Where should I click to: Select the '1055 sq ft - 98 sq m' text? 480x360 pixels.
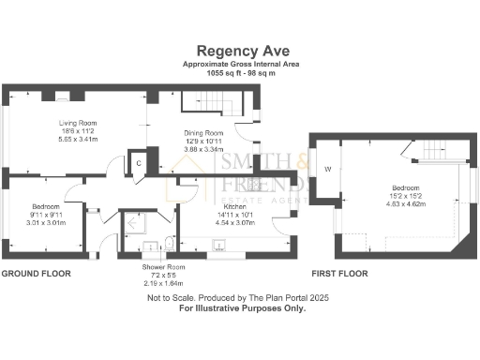pos(240,72)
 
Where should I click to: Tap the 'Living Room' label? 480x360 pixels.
pos(79,122)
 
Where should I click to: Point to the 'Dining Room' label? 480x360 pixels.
pos(202,133)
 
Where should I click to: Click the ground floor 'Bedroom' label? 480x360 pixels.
pos(46,206)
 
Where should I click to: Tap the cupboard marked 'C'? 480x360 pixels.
pos(138,162)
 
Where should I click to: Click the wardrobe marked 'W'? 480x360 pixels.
pos(328,170)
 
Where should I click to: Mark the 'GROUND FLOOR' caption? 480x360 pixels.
pos(37,274)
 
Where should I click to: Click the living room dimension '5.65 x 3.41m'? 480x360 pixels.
pos(79,139)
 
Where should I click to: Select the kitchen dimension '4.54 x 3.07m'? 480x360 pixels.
pos(235,222)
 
